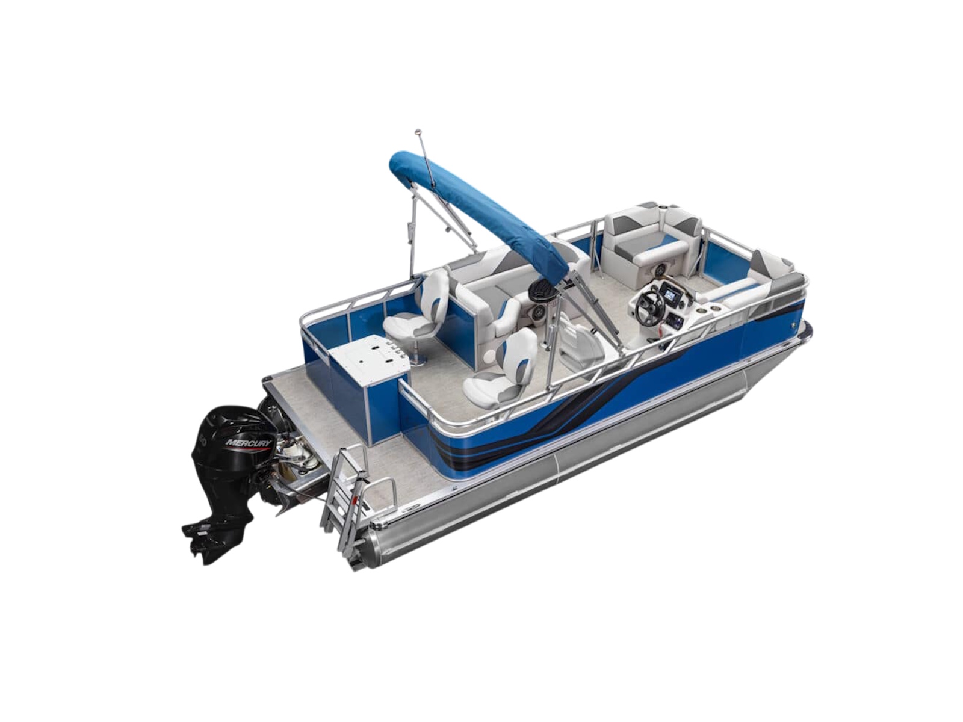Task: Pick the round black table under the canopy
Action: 542,290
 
